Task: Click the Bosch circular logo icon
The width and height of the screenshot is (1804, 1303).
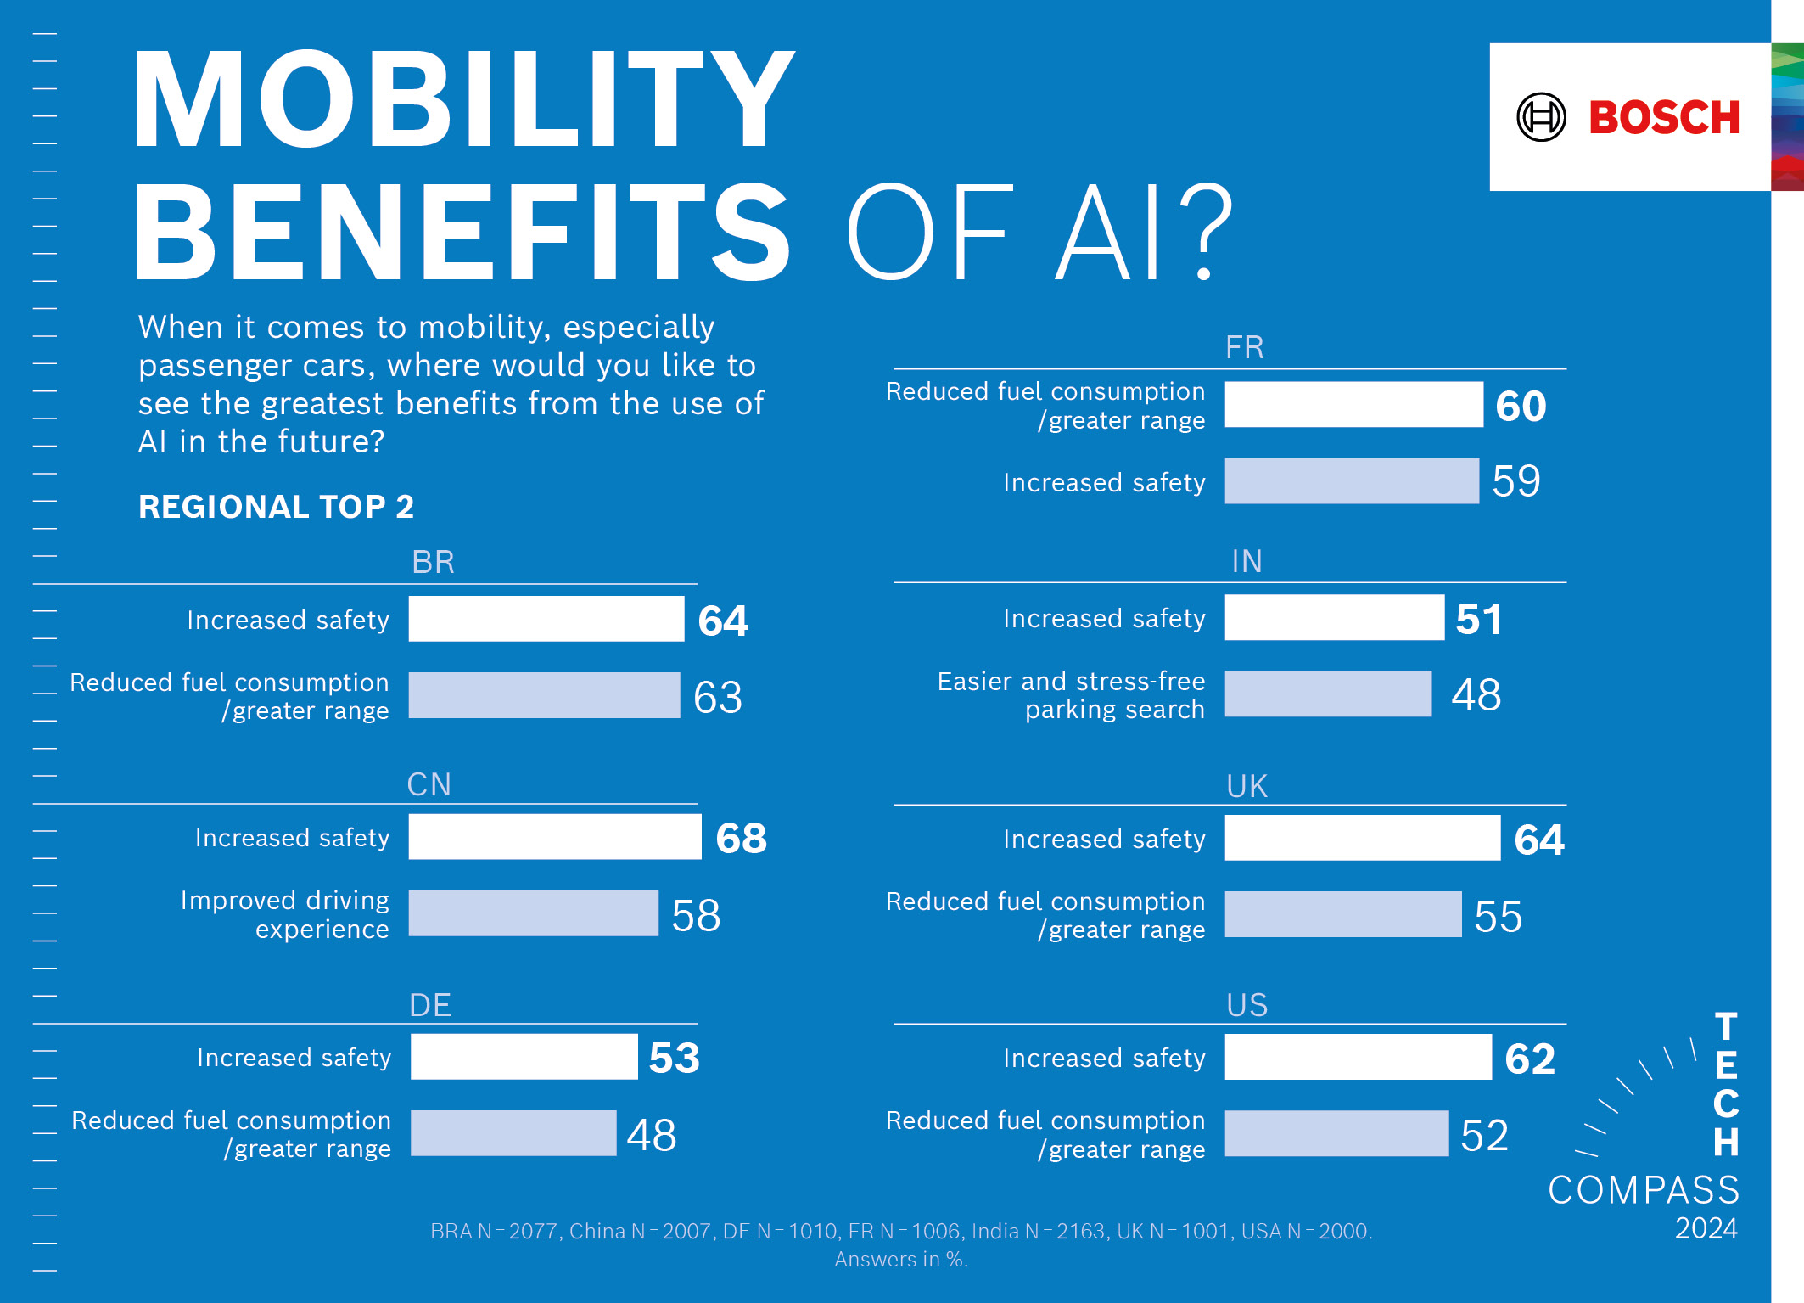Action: pos(1541,117)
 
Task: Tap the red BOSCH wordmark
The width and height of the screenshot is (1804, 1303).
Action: pos(1664,117)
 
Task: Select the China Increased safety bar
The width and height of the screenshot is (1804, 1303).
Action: pos(555,837)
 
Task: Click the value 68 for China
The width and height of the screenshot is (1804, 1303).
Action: pos(741,839)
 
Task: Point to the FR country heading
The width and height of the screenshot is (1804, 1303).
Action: pos(1245,348)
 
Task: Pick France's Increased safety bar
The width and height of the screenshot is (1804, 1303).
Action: pos(1352,481)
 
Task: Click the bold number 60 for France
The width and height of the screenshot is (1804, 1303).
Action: pos(1521,406)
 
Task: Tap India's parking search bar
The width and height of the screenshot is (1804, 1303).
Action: pos(1328,694)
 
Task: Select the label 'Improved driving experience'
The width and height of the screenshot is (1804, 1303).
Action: pos(285,914)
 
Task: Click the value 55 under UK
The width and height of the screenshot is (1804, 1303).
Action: pos(1498,917)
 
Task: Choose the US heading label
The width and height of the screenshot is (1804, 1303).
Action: pos(1247,1005)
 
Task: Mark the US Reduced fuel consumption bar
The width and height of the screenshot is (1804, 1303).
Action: pos(1336,1134)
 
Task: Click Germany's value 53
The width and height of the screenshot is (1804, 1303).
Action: pos(675,1058)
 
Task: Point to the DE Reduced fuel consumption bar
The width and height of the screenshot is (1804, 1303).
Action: pos(513,1134)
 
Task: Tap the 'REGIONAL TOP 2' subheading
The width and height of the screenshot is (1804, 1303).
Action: pos(276,507)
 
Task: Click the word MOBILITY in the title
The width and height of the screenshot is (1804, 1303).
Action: pos(463,100)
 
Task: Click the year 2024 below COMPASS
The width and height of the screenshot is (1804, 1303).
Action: pos(1706,1228)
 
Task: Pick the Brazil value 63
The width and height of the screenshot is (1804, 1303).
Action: pos(718,698)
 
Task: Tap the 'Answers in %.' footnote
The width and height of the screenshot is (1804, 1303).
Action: pos(900,1260)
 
